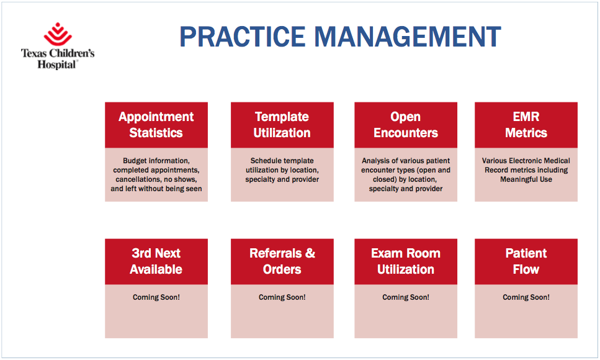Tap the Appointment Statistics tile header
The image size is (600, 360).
pos(156,125)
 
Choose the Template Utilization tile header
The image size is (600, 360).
pos(282,125)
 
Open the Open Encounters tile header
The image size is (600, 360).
pos(405,125)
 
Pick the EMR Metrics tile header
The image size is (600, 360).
pos(526,125)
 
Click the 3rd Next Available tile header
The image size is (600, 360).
pos(156,261)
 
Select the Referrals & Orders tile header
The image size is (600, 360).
pos(282,261)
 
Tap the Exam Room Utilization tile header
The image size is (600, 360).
pos(405,261)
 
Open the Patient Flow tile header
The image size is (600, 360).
pos(526,261)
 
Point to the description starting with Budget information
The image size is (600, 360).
pos(156,174)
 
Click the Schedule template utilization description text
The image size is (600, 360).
pos(282,170)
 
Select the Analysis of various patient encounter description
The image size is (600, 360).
pos(405,174)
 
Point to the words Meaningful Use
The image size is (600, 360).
pos(526,179)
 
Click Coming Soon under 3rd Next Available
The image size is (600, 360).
pos(156,297)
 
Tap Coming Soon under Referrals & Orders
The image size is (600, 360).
pos(282,297)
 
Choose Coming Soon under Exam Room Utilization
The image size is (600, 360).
pos(405,297)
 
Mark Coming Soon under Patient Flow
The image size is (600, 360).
pos(526,297)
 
